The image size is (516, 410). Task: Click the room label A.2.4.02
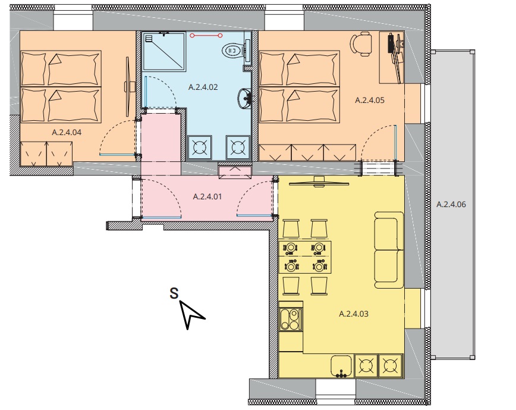[x=203, y=87]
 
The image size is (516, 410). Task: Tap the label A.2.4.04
[x=67, y=132]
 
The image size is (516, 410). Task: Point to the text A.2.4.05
[x=370, y=101]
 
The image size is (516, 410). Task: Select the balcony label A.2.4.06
[x=451, y=205]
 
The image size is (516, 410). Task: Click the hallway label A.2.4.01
[x=207, y=197]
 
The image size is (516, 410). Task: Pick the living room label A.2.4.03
[x=354, y=314]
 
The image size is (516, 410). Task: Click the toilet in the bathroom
[x=235, y=51]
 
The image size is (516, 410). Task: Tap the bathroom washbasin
[x=245, y=98]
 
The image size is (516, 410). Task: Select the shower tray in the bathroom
[x=164, y=51]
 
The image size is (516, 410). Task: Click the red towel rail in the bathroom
[x=205, y=36]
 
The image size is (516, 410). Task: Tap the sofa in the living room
[x=389, y=250]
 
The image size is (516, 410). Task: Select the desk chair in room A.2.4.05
[x=361, y=44]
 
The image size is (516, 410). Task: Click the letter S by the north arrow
[x=174, y=293]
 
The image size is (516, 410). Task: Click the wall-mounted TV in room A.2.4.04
[x=128, y=87]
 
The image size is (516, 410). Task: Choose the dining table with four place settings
[x=305, y=257]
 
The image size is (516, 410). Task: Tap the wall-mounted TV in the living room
[x=319, y=182]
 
